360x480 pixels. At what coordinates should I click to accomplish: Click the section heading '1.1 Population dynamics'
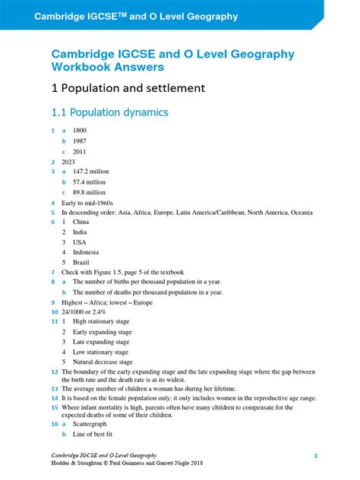[109, 112]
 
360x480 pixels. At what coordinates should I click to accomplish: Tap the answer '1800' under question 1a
[81, 131]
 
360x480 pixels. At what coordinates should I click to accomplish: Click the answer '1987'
[81, 141]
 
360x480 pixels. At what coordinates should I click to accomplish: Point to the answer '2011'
[81, 152]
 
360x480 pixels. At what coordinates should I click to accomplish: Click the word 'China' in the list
[81, 223]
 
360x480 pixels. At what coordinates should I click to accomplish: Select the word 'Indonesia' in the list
[86, 252]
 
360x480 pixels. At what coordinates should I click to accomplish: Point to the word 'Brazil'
[81, 262]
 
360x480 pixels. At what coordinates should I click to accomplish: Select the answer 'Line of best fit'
[93, 434]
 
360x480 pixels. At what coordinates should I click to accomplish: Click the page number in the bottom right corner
[315, 455]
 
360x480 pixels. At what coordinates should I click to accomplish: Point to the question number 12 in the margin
[54, 372]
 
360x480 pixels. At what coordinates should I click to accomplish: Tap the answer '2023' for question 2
[69, 162]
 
